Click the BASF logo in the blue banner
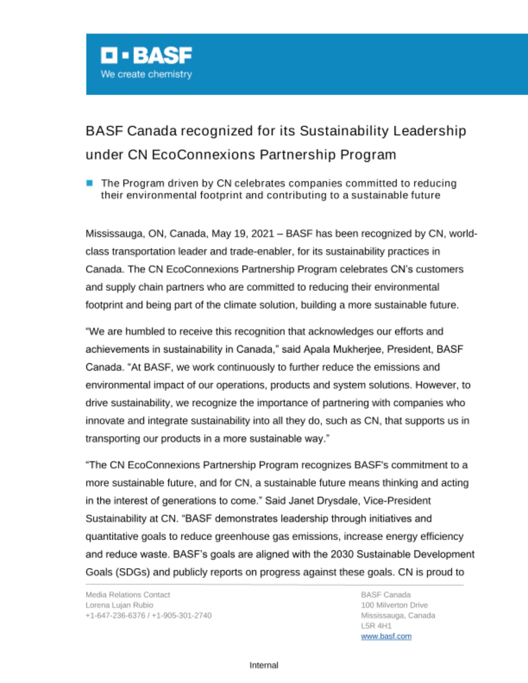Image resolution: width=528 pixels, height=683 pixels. pyautogui.click(x=146, y=55)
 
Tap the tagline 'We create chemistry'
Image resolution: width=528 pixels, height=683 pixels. pyautogui.click(x=146, y=74)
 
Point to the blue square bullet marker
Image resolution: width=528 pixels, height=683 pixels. pyautogui.click(x=90, y=183)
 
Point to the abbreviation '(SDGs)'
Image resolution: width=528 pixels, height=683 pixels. pyautogui.click(x=133, y=572)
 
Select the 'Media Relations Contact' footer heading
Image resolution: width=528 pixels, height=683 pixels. pyautogui.click(x=128, y=595)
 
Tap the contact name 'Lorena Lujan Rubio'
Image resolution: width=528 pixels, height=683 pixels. pyautogui.click(x=119, y=605)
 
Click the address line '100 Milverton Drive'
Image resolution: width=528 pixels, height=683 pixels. pyautogui.click(x=394, y=605)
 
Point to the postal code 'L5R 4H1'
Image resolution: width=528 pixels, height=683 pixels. pyautogui.click(x=376, y=626)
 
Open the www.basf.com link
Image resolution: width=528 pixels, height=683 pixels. pyautogui.click(x=386, y=636)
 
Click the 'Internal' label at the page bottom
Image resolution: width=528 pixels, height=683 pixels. pyautogui.click(x=264, y=665)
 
